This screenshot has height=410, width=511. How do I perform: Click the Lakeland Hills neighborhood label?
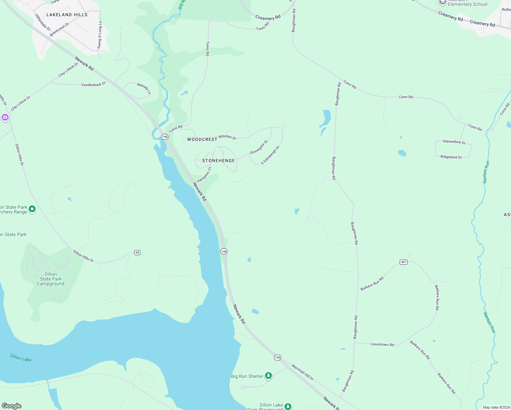67,15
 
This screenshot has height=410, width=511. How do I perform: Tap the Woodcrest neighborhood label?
202,139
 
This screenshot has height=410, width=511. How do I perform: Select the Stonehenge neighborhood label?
219,161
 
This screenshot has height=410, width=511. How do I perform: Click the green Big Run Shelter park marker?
268,376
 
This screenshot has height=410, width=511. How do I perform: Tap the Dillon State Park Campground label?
51,279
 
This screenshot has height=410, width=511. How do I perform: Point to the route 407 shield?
403,262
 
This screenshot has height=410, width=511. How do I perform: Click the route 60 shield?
137,252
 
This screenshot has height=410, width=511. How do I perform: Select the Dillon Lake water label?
21,358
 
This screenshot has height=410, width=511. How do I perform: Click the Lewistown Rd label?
382,344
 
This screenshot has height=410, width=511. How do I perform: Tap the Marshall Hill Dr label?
302,372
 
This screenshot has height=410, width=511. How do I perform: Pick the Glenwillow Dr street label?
454,142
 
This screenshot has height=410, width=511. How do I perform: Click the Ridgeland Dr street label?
451,157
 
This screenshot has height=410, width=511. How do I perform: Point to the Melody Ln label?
144,88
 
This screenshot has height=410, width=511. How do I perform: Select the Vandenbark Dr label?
93,84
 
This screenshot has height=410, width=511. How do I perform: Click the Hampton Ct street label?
204,175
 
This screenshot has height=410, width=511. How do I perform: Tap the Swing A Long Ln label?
100,35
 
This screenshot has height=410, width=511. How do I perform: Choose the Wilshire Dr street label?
227,137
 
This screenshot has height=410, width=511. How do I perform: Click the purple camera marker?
5,118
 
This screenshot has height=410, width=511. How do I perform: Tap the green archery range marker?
32,209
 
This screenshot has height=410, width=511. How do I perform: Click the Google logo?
12,406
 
